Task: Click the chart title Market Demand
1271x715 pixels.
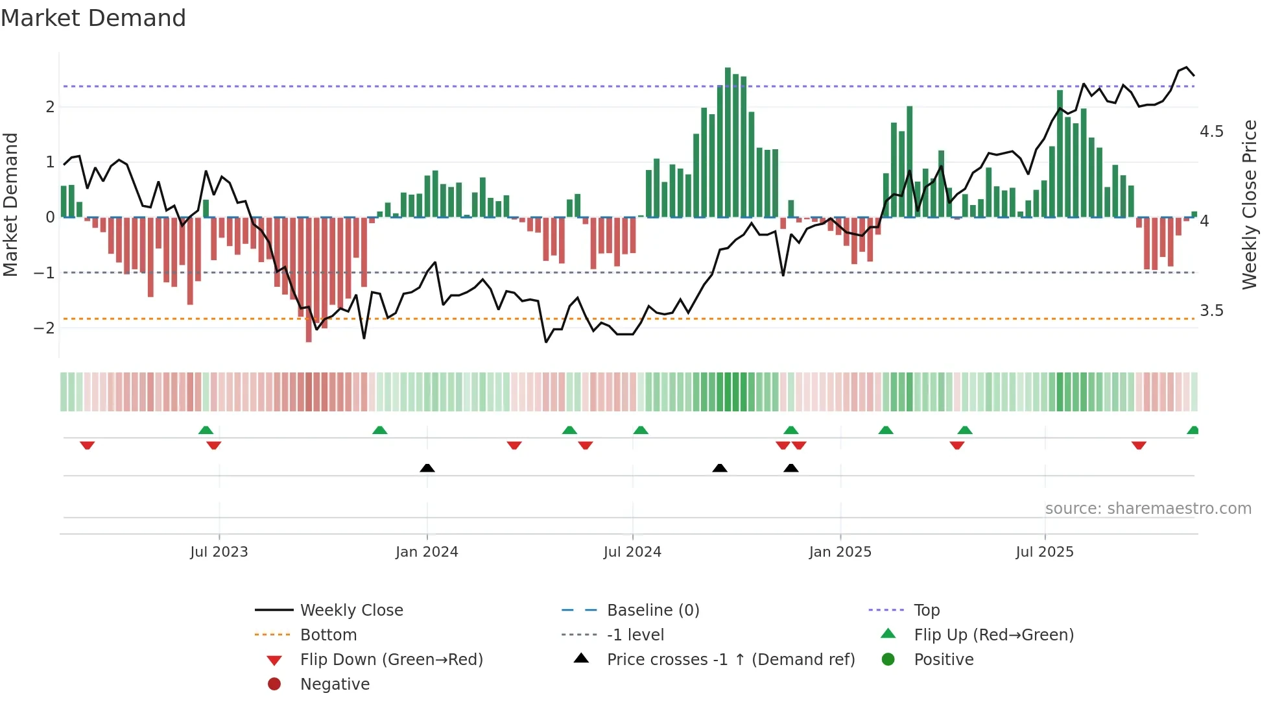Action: [93, 18]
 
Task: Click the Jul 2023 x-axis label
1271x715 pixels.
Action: [219, 552]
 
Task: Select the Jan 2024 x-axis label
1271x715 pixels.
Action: [427, 552]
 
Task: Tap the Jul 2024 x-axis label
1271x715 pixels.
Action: [632, 552]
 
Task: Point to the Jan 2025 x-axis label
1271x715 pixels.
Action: [840, 552]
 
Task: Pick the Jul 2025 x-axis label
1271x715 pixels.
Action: [1045, 552]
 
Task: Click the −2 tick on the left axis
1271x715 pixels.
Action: [44, 328]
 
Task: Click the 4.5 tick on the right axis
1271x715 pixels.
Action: [1211, 132]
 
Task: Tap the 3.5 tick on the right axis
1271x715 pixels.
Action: [1211, 311]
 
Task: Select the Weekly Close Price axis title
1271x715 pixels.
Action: [1249, 204]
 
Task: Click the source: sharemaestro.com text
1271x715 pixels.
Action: [1148, 509]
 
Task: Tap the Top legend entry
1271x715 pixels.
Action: [926, 611]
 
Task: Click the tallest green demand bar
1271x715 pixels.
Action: [728, 143]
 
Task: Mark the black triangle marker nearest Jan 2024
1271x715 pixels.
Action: [427, 468]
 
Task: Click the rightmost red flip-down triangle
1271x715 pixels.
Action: [1139, 445]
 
